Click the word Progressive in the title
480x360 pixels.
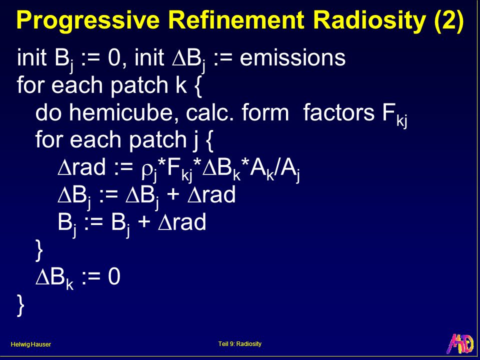88,20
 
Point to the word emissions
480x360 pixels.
292,57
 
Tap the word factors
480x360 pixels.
339,112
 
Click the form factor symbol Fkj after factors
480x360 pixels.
394,115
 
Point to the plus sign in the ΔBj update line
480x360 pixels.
173,194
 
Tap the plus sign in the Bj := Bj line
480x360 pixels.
144,222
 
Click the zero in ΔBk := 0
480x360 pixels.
114,276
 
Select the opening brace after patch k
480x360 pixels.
198,85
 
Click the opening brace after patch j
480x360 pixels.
209,140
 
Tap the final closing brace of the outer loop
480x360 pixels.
20,305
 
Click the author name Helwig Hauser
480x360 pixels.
30,344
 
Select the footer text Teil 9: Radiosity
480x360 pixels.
240,344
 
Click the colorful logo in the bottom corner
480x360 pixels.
460,344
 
